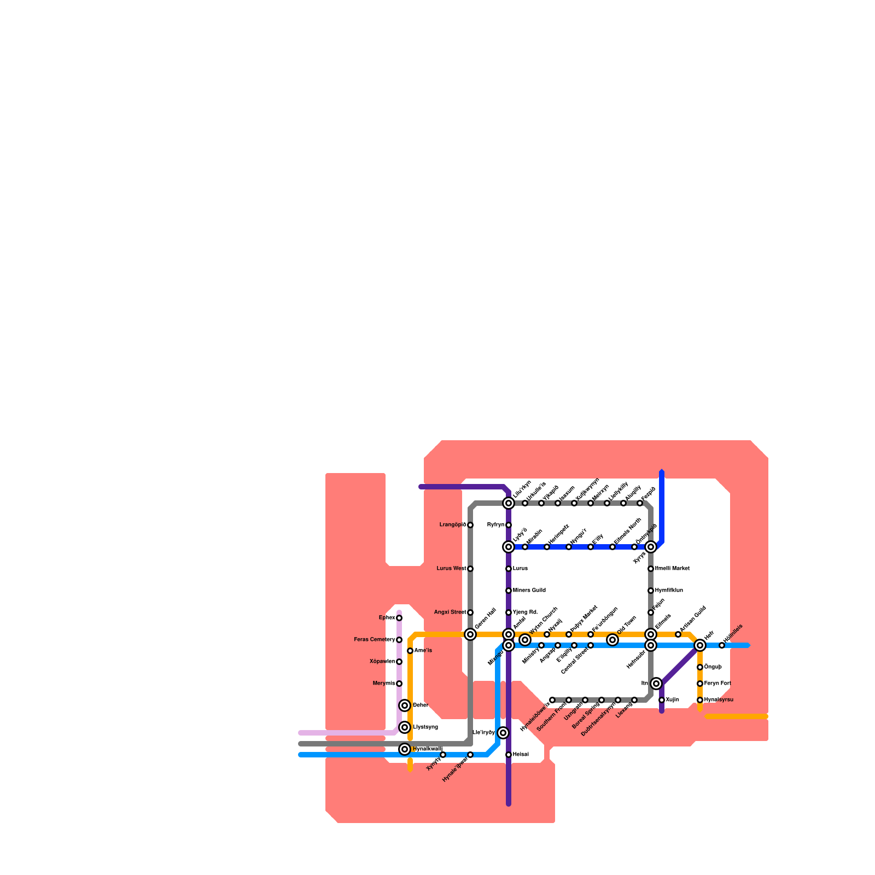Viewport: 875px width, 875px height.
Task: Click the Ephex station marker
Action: pos(399,618)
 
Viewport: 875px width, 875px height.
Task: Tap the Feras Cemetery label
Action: pos(374,640)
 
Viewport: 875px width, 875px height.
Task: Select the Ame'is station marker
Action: pos(410,651)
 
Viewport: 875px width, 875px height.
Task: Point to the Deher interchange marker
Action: pos(405,705)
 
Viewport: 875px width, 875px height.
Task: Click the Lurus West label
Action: pos(451,569)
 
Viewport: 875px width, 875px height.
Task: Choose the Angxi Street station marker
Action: pos(470,612)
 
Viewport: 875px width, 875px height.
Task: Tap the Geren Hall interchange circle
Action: pos(470,634)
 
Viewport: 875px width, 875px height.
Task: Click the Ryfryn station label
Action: pos(495,525)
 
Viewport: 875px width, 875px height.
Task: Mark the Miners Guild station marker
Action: pos(509,591)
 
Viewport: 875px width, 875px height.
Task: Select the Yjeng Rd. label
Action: pos(525,612)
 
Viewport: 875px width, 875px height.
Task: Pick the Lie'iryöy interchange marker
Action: pos(504,733)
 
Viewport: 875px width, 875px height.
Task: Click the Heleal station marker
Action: pos(509,755)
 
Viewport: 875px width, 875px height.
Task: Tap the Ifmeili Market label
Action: pos(672,569)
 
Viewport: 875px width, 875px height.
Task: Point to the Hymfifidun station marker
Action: pos(651,591)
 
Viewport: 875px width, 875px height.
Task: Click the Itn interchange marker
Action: pos(657,684)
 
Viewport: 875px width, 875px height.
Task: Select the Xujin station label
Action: pos(672,700)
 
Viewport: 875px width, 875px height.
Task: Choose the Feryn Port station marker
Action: pos(700,684)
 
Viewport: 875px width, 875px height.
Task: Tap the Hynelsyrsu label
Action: pos(719,700)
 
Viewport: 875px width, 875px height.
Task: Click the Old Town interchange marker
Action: pos(613,640)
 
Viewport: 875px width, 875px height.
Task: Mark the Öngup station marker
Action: pos(700,667)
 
